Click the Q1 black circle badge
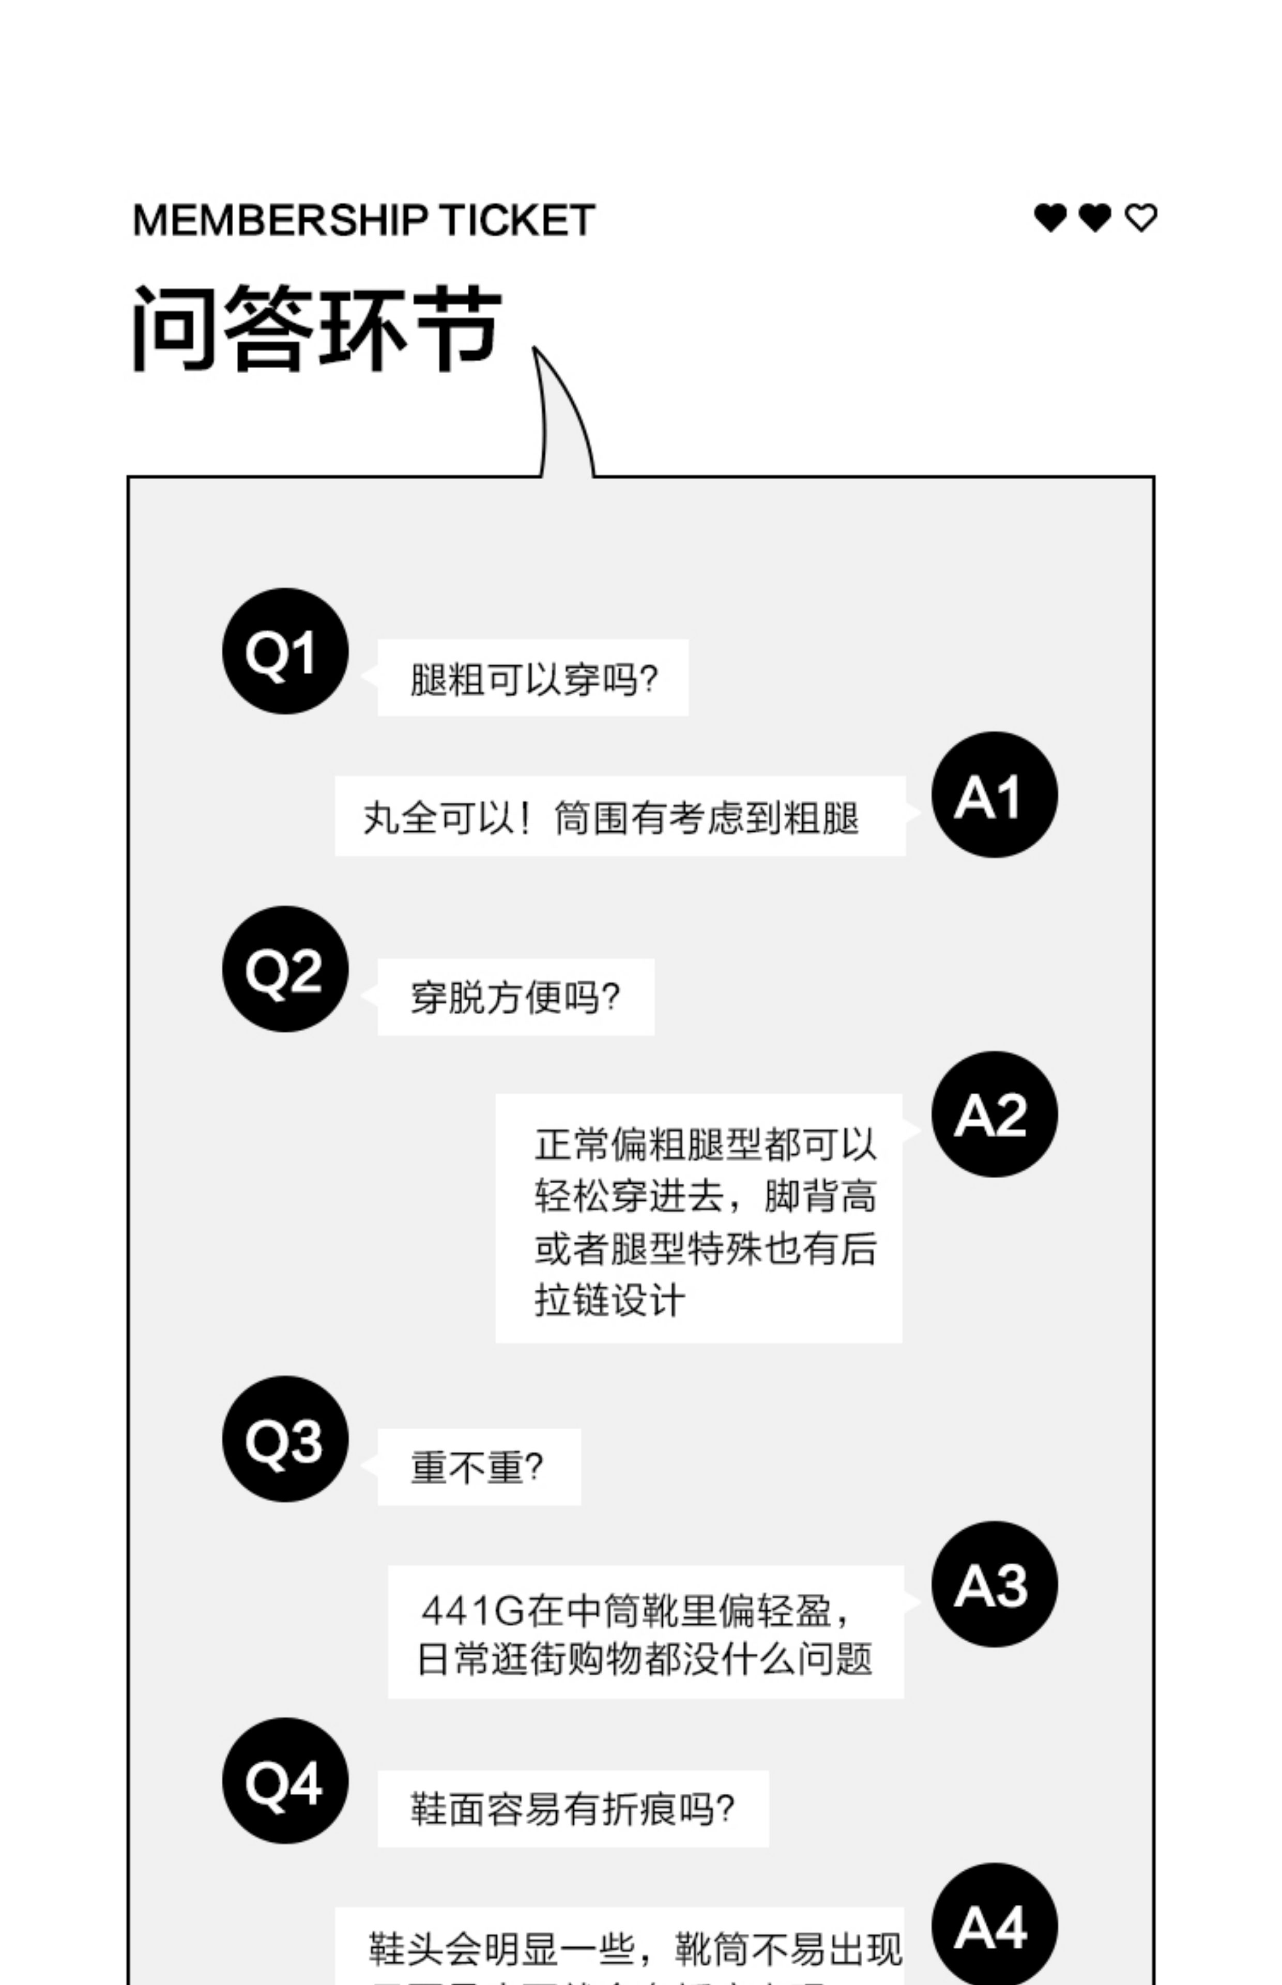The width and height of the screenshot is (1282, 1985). coord(285,651)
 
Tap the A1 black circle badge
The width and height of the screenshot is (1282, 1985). coord(994,795)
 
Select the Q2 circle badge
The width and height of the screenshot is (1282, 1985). coord(285,969)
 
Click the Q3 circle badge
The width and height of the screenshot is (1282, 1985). coord(285,1439)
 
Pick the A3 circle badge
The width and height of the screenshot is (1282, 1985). coord(994,1584)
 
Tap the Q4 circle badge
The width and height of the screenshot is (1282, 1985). coord(285,1781)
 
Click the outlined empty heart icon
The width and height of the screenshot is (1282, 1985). coord(1140,218)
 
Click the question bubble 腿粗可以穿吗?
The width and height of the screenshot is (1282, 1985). coord(533,678)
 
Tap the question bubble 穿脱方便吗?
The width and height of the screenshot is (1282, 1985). coord(515,997)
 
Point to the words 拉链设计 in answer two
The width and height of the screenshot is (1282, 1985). coord(610,1300)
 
